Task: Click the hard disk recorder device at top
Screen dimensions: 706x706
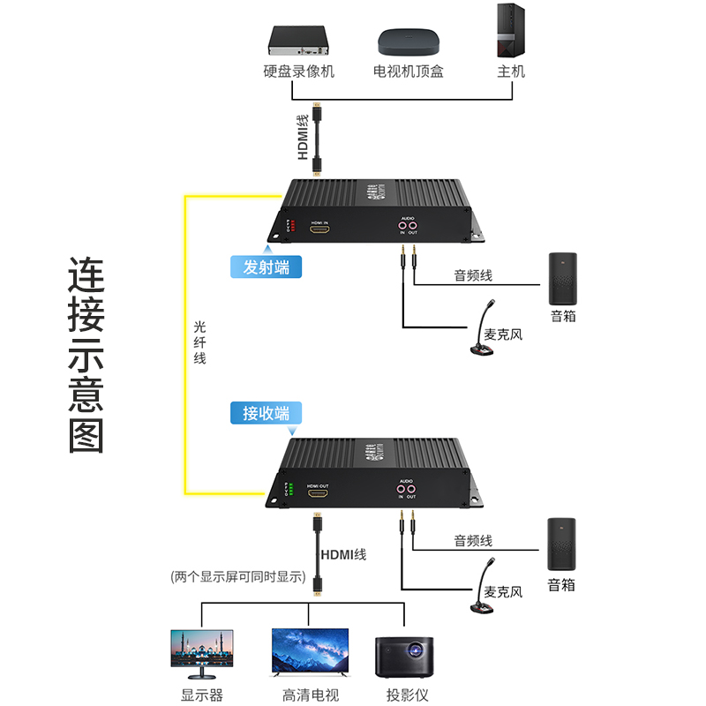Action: [299, 41]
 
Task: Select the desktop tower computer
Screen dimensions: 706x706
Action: [510, 30]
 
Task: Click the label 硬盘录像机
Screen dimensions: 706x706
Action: [299, 71]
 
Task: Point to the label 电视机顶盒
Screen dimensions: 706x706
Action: [408, 71]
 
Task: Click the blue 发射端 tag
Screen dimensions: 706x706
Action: [266, 266]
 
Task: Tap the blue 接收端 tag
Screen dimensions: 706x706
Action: [266, 412]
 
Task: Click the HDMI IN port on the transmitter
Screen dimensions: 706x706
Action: [319, 229]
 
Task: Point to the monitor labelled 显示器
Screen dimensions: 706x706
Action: [202, 654]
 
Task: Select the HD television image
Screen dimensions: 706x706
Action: [310, 654]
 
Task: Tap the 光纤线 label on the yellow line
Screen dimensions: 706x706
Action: [200, 342]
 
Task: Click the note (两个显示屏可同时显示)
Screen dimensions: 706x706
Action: [238, 578]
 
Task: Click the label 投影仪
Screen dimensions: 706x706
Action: [406, 695]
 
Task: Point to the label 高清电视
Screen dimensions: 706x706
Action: [310, 695]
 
